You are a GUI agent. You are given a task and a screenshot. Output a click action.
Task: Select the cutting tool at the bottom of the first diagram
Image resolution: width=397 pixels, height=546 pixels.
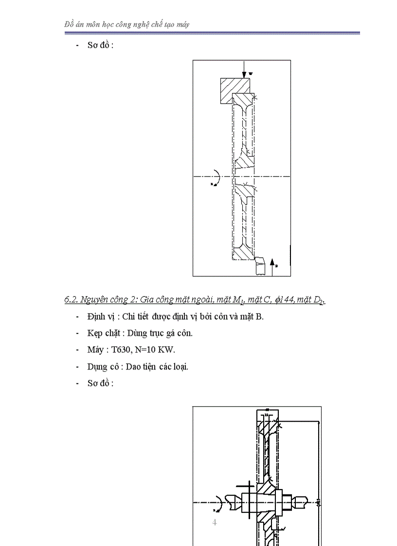pyautogui.click(x=260, y=266)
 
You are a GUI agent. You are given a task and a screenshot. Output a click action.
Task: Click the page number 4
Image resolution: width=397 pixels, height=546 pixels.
pyautogui.click(x=214, y=523)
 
